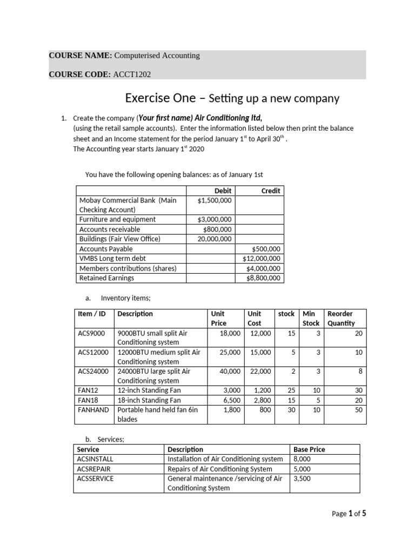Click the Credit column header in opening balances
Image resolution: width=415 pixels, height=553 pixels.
271,191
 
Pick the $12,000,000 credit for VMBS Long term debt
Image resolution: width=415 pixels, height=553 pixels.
262,259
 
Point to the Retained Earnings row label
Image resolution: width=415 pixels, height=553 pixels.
106,278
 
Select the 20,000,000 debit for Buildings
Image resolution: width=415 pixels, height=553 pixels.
215,239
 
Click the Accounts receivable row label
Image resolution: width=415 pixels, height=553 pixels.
109,229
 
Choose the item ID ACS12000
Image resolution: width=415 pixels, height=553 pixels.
93,352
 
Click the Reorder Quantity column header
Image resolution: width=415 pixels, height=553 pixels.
340,318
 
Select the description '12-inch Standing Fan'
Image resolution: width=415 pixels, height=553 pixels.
149,390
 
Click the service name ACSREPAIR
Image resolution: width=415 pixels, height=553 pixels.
94,469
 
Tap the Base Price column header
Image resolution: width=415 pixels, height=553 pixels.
309,449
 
